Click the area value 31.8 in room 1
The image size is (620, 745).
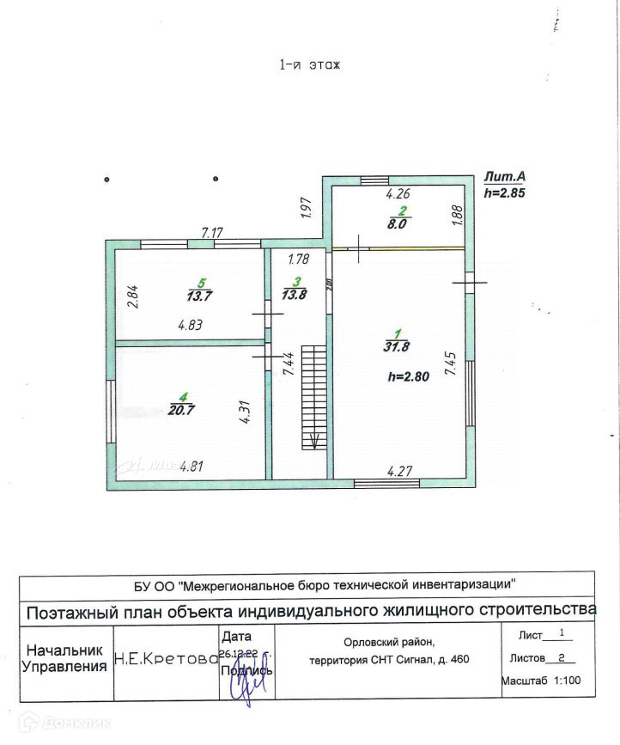click(x=397, y=347)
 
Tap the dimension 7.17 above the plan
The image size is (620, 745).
click(x=212, y=233)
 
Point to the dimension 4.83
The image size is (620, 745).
click(x=190, y=326)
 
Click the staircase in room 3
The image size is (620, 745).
click(x=317, y=395)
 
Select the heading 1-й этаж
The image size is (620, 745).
click(x=310, y=64)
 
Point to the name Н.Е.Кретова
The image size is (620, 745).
click(x=164, y=659)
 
